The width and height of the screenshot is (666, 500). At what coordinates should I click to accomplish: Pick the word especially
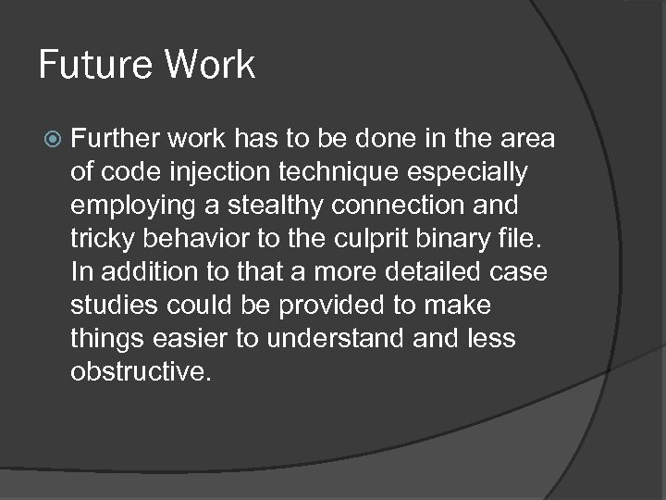click(475, 172)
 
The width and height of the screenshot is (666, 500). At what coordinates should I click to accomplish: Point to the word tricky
click(101, 239)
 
